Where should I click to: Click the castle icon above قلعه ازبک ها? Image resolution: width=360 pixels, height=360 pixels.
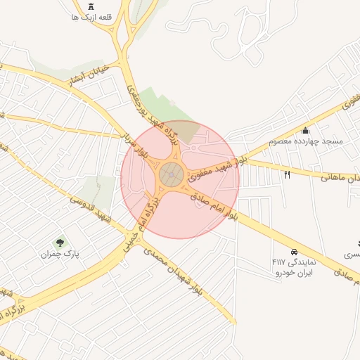coord(91,7)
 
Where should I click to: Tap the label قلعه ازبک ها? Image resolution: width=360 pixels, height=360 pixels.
coord(91,17)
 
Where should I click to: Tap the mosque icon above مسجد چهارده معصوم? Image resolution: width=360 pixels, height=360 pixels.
coord(305,130)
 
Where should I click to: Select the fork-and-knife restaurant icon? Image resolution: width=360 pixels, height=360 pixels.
coord(287,174)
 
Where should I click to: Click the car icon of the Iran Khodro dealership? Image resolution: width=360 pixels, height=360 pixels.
coord(294,251)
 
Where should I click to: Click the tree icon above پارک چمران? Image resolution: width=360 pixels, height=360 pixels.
coord(60,243)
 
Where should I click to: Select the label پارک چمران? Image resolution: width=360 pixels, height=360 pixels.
coord(60,254)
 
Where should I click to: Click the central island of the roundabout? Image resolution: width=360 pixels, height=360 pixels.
coord(169,174)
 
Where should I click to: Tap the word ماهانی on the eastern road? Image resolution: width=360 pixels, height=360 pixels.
coord(336,176)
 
